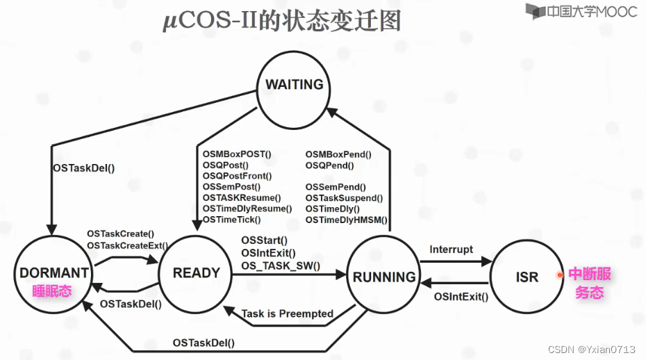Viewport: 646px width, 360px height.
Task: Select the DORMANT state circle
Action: coord(53,277)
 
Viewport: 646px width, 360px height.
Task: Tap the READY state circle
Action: coord(196,274)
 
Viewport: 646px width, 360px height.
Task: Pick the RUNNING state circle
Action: coord(384,277)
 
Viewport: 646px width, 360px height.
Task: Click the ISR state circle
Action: coord(527,277)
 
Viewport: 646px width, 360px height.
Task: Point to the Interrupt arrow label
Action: coord(451,249)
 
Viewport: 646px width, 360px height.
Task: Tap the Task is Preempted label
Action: coord(288,313)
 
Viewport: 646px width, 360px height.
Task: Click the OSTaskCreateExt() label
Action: coord(128,245)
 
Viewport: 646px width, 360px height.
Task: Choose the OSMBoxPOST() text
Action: coord(237,154)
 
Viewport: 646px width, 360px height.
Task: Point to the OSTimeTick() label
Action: coord(232,220)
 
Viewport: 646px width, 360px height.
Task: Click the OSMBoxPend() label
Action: coord(338,154)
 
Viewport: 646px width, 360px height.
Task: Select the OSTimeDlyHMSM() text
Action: coord(346,220)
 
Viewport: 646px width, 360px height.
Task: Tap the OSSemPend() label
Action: coord(335,187)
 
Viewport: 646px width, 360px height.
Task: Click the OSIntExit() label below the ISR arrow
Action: coord(461,297)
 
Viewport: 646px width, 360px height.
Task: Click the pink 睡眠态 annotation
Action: coord(51,291)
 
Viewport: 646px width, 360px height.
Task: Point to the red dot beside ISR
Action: coord(559,275)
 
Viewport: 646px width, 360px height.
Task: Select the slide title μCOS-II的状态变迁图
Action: coord(281,20)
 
